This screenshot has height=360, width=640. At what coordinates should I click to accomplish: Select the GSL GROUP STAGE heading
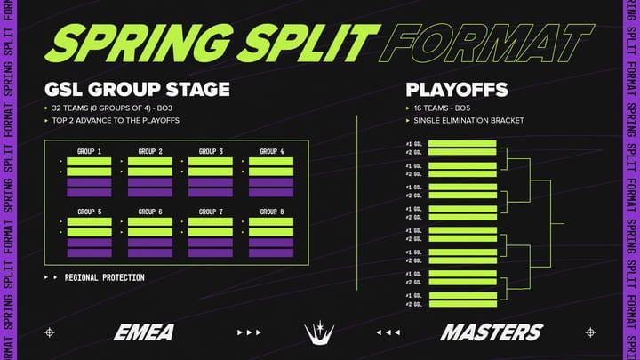[x=137, y=90]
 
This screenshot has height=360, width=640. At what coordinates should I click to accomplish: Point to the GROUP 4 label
[x=271, y=151]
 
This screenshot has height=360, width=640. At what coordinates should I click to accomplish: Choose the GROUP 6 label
[x=150, y=212]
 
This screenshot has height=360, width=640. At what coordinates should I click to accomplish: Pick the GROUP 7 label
[x=211, y=212]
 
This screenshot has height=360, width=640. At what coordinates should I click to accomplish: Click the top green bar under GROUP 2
[x=150, y=162]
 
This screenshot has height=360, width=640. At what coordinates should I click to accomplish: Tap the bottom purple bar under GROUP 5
[x=90, y=252]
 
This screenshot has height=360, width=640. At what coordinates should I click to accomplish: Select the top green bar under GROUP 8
[x=271, y=222]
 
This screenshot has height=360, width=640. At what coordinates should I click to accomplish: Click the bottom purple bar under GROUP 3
[x=211, y=192]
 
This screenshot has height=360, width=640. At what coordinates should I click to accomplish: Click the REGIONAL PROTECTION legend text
[x=104, y=278]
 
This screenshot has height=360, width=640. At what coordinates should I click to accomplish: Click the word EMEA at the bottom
[x=143, y=332]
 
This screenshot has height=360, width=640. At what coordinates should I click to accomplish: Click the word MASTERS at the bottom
[x=491, y=332]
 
